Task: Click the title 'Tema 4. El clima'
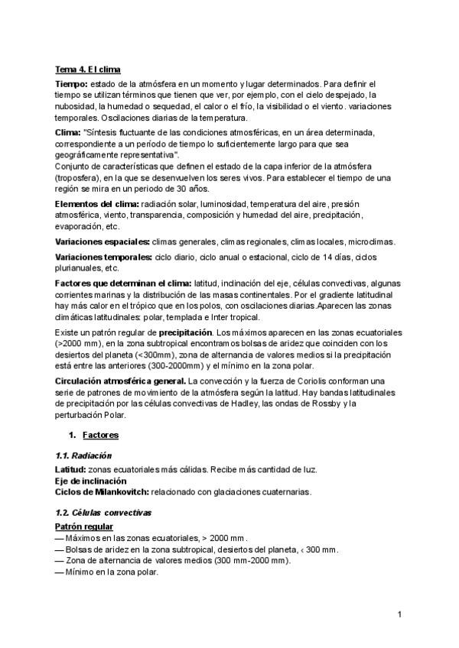88,70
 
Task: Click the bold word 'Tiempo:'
72,83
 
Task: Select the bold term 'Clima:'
70,132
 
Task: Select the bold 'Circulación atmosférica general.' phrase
120,381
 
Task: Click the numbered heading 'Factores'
99,436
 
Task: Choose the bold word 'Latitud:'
71,468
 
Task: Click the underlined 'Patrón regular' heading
84,527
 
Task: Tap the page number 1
400,614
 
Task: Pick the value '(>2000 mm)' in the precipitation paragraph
79,346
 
